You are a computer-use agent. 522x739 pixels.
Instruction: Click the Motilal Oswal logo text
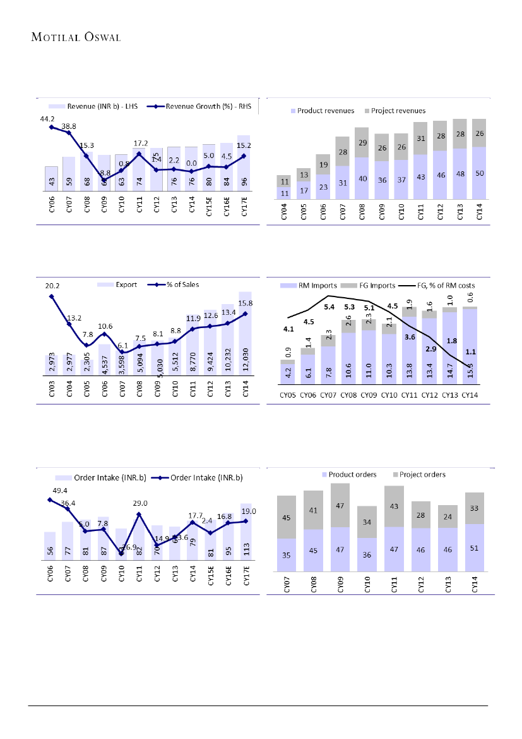click(76, 36)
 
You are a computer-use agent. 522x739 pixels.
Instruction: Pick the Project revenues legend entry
click(394, 111)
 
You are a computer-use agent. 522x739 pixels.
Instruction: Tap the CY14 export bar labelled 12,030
click(245, 354)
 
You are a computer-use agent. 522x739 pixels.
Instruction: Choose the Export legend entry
click(123, 284)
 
